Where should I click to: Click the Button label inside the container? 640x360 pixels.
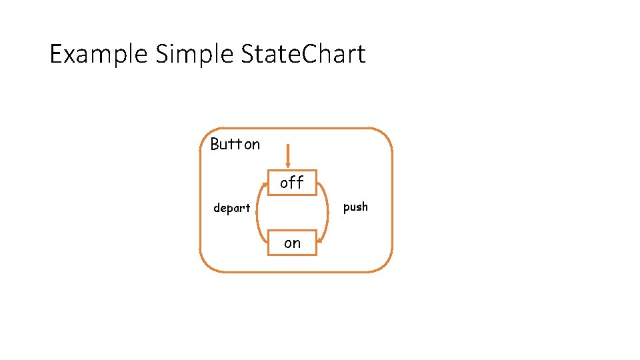click(x=235, y=144)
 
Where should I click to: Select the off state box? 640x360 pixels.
click(x=292, y=182)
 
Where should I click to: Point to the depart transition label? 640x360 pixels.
click(x=231, y=208)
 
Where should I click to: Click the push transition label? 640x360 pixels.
click(x=355, y=207)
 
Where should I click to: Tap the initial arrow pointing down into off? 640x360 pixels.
click(x=287, y=155)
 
